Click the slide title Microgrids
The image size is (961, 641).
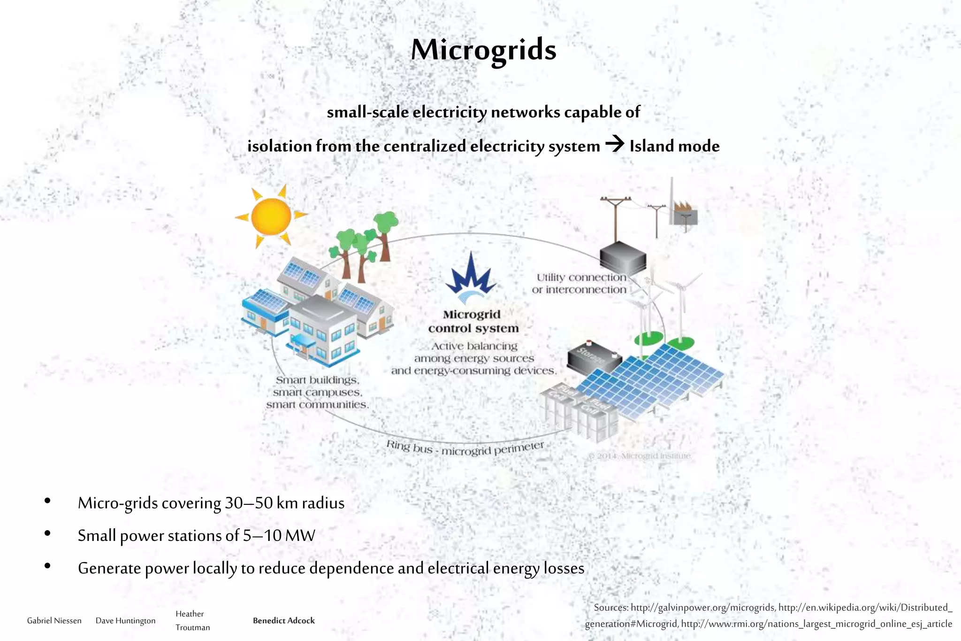point(483,50)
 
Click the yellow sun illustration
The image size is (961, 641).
point(271,216)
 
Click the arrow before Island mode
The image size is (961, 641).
point(615,144)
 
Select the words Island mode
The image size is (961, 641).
point(674,146)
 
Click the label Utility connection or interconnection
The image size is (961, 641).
point(580,284)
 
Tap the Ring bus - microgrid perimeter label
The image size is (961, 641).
point(465,448)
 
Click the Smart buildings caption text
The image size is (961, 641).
point(317,392)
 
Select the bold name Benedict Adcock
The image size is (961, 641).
point(283,620)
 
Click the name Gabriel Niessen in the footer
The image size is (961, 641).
point(54,620)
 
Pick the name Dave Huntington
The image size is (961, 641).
point(125,620)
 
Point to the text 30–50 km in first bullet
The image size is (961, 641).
point(260,503)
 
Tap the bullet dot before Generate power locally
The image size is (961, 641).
point(47,566)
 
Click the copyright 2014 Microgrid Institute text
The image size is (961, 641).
point(639,456)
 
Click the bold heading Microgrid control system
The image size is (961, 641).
point(473,321)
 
